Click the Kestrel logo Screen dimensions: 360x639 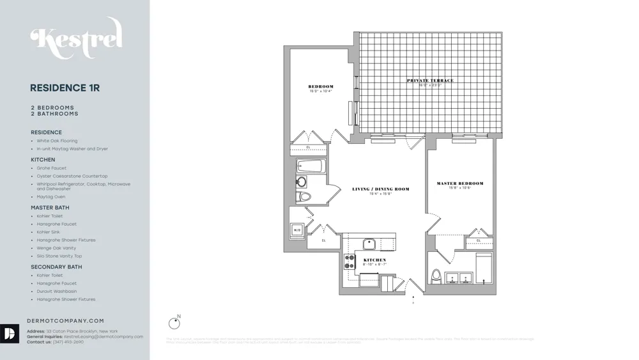pyautogui.click(x=76, y=40)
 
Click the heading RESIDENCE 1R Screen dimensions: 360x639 pyautogui.click(x=65, y=88)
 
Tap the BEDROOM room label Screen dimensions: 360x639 pyautogui.click(x=321, y=87)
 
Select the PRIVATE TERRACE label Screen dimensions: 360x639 pyautogui.click(x=431, y=81)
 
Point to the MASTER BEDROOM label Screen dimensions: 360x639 pyautogui.click(x=460, y=184)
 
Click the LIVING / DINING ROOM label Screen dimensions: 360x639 pyautogui.click(x=380, y=189)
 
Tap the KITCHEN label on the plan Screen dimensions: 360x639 pyautogui.click(x=375, y=260)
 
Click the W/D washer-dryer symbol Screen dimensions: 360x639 pyautogui.click(x=297, y=230)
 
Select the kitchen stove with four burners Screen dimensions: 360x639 pyautogui.click(x=350, y=262)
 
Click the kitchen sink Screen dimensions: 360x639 pyautogui.click(x=369, y=243)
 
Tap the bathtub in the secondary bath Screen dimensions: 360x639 pyautogui.click(x=311, y=167)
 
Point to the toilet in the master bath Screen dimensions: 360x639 pyautogui.click(x=437, y=276)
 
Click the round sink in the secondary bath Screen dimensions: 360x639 pyautogui.click(x=302, y=182)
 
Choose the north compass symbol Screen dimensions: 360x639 pyautogui.click(x=174, y=324)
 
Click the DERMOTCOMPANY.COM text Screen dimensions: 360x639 pyautogui.click(x=66, y=321)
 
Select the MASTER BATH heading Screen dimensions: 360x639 pyautogui.click(x=50, y=208)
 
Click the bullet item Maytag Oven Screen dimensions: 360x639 pyautogui.click(x=51, y=197)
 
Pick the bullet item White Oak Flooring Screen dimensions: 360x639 pyautogui.click(x=57, y=141)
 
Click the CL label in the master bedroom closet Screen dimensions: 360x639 pyautogui.click(x=479, y=240)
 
